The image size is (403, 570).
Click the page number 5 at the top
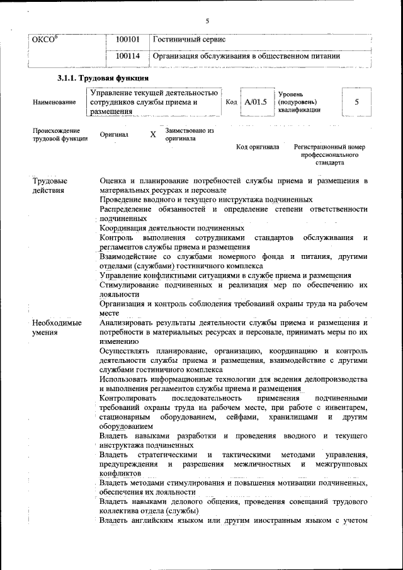[207, 21]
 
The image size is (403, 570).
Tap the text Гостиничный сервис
[190, 40]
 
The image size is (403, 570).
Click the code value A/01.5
[256, 101]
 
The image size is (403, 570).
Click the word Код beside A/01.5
[230, 101]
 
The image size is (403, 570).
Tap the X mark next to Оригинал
[152, 135]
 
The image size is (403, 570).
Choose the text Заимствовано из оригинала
[190, 135]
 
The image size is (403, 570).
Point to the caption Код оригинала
[258, 147]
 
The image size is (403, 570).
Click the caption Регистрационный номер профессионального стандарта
[329, 154]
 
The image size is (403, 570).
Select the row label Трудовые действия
[50, 186]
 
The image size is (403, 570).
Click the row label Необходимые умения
[57, 328]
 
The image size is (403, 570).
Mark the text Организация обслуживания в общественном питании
[247, 56]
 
